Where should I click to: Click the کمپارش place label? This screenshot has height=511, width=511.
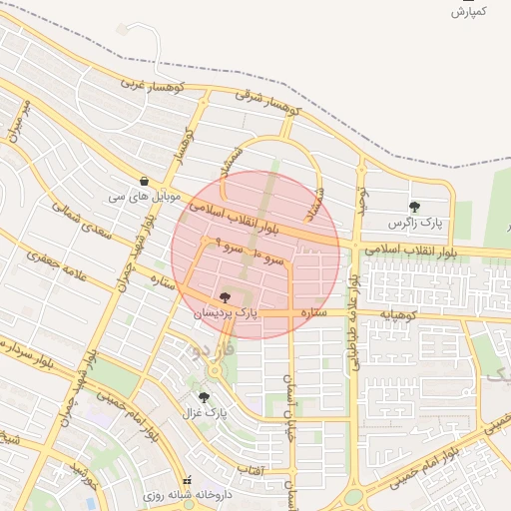[467, 12]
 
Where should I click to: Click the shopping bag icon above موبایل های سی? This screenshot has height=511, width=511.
[146, 182]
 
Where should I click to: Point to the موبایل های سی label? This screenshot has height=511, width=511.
[146, 197]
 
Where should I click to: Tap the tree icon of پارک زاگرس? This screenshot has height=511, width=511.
[414, 207]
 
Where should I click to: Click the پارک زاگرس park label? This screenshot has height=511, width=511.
[414, 222]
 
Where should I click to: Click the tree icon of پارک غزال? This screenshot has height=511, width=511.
[204, 396]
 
